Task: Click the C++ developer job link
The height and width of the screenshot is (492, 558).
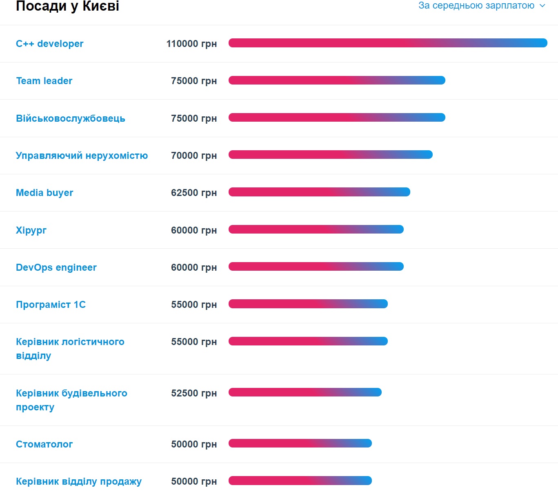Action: tap(49, 44)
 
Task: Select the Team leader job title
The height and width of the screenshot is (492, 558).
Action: tap(44, 81)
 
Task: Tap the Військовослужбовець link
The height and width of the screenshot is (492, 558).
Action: tap(70, 118)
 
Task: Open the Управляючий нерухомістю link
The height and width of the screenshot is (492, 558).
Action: tap(82, 156)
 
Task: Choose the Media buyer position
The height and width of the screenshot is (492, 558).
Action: tap(44, 193)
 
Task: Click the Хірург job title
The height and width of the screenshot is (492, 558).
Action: tap(31, 230)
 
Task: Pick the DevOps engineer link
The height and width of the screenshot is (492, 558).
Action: tap(56, 267)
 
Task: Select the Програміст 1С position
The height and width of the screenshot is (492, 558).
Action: tap(51, 305)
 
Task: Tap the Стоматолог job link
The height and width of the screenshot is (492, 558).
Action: tap(44, 444)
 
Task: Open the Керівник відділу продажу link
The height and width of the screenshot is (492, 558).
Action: tap(79, 481)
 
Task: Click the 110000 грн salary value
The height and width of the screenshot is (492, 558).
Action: tap(191, 44)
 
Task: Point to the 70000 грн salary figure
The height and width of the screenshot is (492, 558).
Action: tap(194, 156)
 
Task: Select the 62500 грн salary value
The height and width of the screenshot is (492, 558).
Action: tap(194, 193)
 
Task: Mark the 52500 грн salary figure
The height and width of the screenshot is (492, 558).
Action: tap(194, 393)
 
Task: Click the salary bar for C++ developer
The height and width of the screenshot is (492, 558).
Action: tap(388, 43)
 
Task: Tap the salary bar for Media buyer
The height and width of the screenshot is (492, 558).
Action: tap(319, 192)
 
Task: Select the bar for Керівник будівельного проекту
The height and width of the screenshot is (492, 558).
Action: tap(305, 392)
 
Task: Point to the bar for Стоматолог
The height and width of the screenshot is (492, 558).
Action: tap(300, 443)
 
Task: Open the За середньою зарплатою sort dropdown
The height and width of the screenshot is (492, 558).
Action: tap(482, 6)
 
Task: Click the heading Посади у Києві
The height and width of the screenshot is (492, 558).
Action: tap(67, 6)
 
